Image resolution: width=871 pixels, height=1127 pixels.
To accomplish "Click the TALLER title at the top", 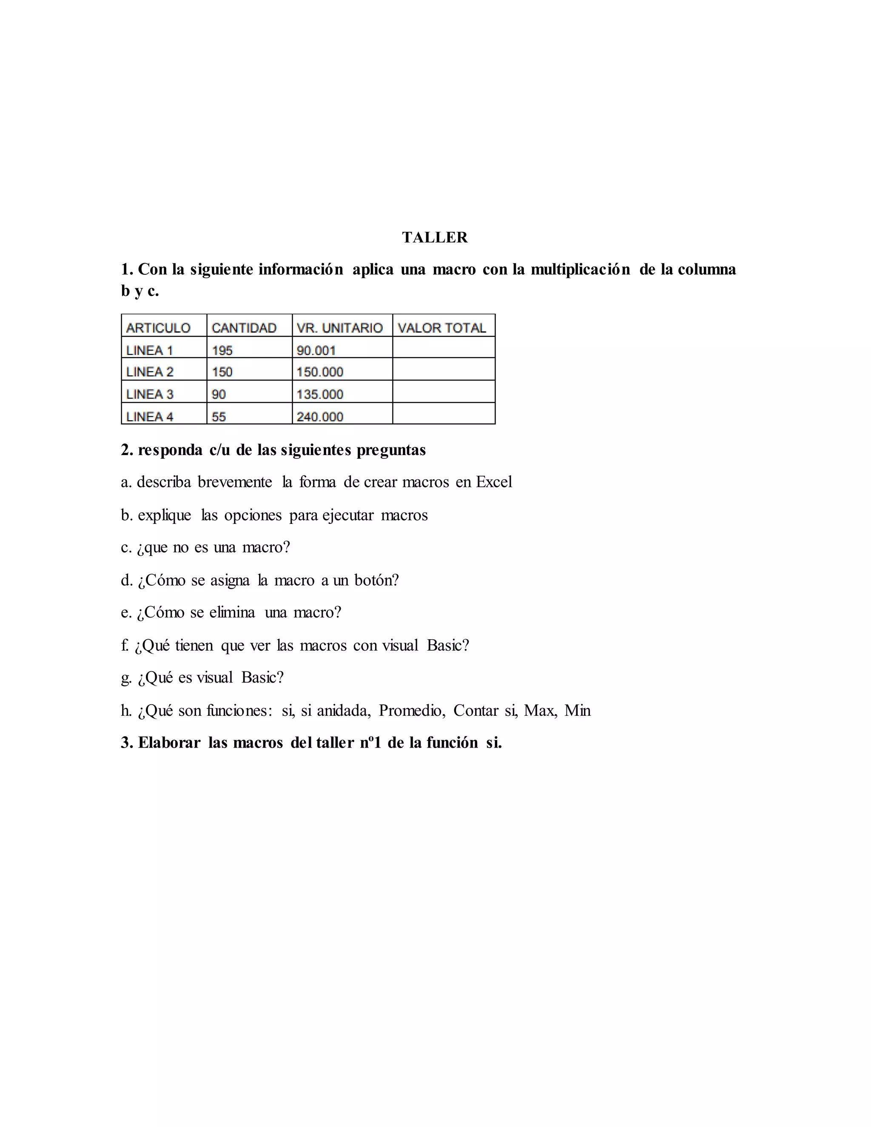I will (435, 237).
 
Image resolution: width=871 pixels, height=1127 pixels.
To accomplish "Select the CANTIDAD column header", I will (244, 327).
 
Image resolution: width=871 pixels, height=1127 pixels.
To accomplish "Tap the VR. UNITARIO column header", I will (339, 327).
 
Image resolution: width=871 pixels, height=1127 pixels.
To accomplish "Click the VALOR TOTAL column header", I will (442, 327).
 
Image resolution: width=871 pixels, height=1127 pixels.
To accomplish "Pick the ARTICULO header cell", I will (158, 327).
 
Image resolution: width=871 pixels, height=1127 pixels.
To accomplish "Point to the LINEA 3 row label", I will (150, 394).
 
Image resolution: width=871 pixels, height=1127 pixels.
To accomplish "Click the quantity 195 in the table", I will (222, 350).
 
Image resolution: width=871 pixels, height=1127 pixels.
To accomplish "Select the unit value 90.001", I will (316, 350).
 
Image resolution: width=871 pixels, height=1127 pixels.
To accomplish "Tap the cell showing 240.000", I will (320, 416).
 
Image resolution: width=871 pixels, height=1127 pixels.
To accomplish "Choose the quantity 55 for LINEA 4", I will (219, 416).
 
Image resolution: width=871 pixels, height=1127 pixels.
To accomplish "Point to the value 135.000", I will (320, 394).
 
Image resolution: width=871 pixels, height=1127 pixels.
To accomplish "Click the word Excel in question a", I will (494, 482).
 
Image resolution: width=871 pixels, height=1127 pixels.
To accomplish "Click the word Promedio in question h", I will (411, 711).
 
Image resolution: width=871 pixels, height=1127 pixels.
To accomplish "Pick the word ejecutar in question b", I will (348, 515).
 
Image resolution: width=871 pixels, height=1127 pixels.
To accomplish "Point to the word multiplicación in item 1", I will (580, 269).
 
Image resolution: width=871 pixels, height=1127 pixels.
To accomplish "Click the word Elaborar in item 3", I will (169, 743).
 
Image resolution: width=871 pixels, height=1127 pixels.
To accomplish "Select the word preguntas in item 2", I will (391, 450).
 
